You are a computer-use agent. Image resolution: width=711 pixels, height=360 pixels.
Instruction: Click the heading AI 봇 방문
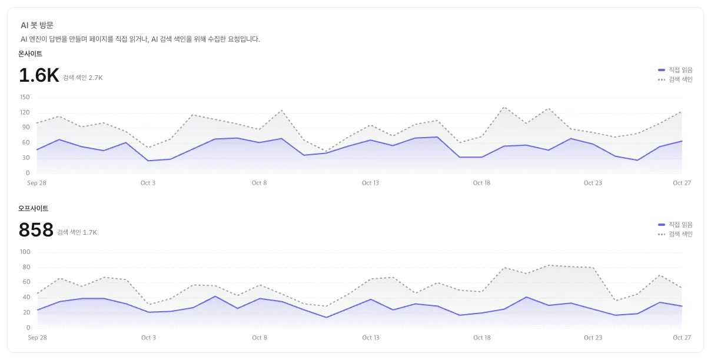[x=37, y=25]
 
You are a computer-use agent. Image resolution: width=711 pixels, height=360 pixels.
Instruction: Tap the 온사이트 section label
[x=30, y=54]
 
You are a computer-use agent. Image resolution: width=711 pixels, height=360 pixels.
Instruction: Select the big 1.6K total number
[x=39, y=75]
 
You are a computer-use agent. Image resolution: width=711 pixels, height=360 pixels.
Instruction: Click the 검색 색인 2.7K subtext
[x=83, y=78]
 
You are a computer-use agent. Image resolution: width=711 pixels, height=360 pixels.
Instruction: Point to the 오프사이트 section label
[x=34, y=208]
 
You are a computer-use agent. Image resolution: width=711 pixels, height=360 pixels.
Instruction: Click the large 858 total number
[x=36, y=229]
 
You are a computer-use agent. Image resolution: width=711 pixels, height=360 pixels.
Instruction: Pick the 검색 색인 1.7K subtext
[x=77, y=232]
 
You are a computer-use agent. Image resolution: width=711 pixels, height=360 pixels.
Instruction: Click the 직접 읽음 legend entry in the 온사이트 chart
[x=676, y=70]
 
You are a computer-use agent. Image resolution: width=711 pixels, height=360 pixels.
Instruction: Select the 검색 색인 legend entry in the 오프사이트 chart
[x=676, y=234]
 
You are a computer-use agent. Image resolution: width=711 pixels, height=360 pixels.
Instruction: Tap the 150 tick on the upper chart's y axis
[x=25, y=97]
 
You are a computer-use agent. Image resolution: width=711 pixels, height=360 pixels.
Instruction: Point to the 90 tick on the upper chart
[x=26, y=127]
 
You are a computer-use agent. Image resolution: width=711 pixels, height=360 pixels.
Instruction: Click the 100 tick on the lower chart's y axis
[x=25, y=252]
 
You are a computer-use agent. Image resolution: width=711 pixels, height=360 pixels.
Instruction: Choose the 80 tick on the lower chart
[x=26, y=267]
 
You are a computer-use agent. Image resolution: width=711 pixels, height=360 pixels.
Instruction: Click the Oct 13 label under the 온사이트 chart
[x=370, y=183]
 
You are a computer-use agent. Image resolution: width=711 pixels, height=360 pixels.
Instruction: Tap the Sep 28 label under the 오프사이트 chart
[x=38, y=338]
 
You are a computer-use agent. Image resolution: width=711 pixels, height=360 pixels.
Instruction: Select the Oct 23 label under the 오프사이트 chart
[x=593, y=338]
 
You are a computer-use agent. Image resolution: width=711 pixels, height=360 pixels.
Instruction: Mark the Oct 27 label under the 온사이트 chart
[x=682, y=183]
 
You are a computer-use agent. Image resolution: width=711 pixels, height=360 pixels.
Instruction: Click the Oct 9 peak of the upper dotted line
[x=281, y=111]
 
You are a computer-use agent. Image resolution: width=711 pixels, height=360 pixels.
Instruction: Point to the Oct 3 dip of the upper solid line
[x=148, y=161]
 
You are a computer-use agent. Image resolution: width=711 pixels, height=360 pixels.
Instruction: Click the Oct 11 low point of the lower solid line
[x=326, y=318]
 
